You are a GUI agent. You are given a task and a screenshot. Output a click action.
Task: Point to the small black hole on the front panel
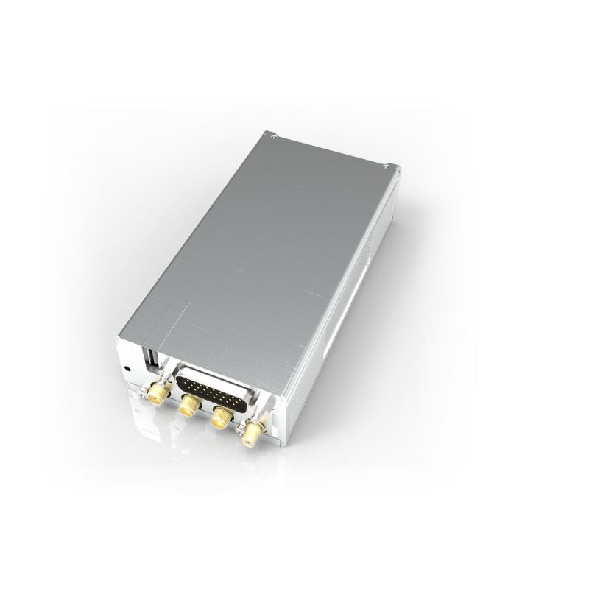point(129,368)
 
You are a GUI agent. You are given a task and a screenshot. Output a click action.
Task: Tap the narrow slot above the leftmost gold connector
point(150,359)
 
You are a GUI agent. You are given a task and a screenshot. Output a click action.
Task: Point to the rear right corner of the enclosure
point(398,171)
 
